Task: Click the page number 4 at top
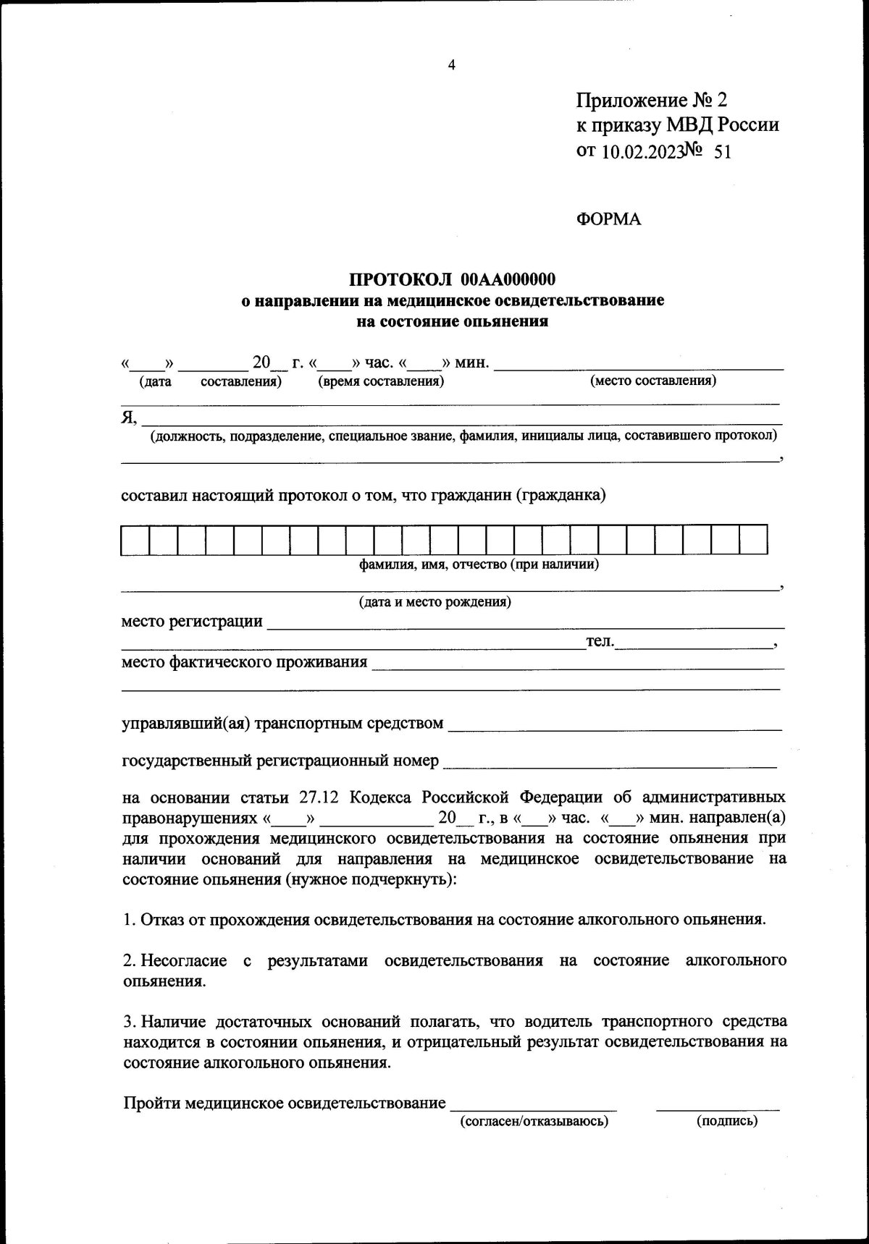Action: point(452,65)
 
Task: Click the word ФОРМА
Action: point(608,219)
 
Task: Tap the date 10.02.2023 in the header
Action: point(642,151)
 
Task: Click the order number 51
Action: point(722,151)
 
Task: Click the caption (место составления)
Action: point(653,381)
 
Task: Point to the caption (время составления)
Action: point(381,381)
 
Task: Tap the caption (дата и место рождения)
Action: point(434,602)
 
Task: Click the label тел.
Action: point(600,641)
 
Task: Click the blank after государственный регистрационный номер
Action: point(608,761)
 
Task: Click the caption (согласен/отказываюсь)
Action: point(534,1122)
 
